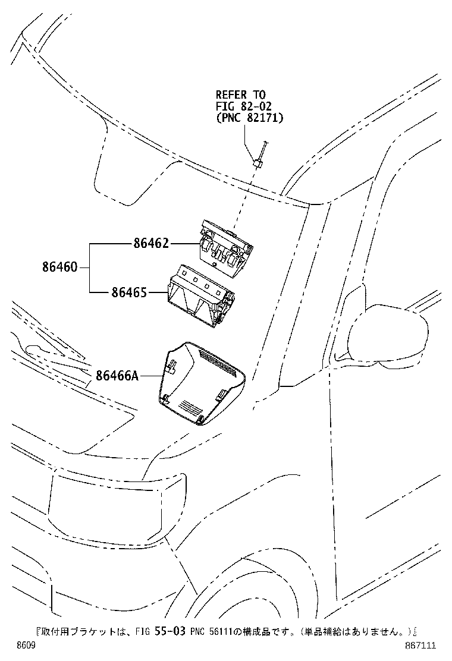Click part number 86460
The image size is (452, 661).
(x=59, y=267)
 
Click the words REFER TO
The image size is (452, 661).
(x=240, y=95)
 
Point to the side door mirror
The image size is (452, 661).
(x=390, y=336)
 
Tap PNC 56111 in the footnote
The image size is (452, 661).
(x=211, y=631)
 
